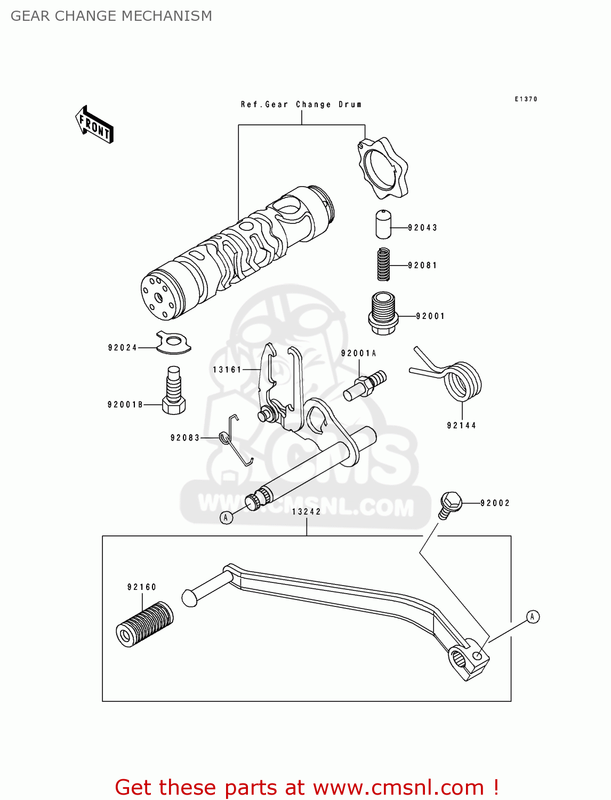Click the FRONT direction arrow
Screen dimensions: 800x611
(94, 125)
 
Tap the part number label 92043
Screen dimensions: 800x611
(422, 228)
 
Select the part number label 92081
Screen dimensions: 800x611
(422, 265)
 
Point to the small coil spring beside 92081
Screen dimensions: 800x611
(383, 264)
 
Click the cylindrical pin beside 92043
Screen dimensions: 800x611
(383, 224)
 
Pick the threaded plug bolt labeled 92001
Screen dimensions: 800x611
(383, 313)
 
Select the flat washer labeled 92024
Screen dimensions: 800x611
(173, 343)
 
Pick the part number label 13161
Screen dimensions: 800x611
(227, 370)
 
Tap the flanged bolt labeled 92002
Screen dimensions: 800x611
(450, 505)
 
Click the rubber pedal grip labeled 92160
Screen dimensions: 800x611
(144, 624)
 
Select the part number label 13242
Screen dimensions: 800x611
(307, 511)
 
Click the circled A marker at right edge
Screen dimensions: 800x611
(533, 617)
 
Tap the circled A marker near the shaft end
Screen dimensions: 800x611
(226, 517)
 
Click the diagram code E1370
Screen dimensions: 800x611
(526, 99)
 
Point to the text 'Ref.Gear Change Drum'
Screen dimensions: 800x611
(301, 105)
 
